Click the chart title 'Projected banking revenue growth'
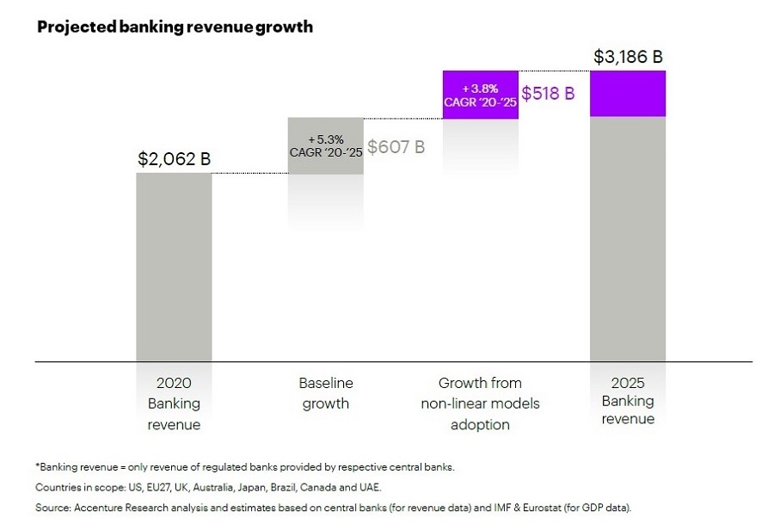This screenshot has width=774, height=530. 175,27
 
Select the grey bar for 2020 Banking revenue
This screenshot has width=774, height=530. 174,267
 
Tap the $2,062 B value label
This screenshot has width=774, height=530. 174,159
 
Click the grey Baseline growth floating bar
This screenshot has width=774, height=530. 325,146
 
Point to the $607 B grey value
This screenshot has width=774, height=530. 396,146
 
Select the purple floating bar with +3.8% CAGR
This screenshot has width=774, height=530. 480,94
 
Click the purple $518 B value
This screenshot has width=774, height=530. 548,94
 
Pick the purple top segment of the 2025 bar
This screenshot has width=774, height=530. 627,93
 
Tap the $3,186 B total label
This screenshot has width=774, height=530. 628,58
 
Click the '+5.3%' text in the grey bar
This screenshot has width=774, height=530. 326,139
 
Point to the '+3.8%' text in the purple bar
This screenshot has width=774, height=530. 481,86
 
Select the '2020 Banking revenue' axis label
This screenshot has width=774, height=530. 174,404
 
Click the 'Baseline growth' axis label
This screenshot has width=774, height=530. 326,393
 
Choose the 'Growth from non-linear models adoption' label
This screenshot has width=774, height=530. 480,404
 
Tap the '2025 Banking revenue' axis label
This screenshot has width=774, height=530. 627,400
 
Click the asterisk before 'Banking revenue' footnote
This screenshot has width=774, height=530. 37,465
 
